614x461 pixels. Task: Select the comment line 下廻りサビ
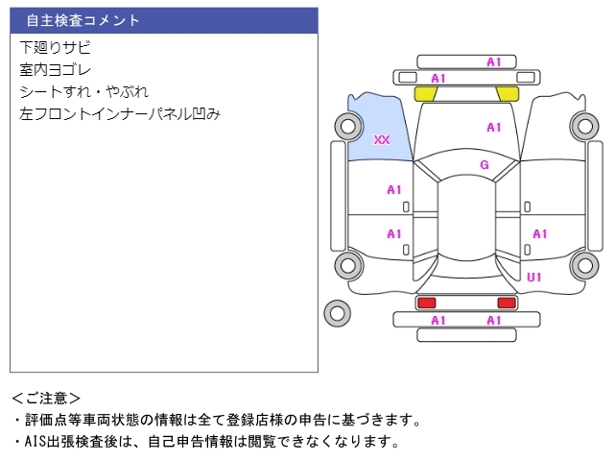(x=56, y=47)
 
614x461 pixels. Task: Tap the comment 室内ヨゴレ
(x=56, y=69)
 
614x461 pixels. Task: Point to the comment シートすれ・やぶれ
(x=84, y=91)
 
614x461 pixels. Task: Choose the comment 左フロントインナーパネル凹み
(x=120, y=113)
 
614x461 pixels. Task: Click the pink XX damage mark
(x=382, y=140)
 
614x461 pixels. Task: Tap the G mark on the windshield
(x=484, y=165)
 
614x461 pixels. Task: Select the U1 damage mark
(x=534, y=278)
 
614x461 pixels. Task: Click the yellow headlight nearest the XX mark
(x=425, y=94)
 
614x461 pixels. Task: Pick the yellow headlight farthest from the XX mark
(x=508, y=94)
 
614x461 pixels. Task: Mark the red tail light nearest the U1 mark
(x=505, y=303)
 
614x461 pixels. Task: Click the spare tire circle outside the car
(x=337, y=311)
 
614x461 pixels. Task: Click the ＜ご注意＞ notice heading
(x=46, y=398)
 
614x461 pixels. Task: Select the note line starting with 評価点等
(x=216, y=420)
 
